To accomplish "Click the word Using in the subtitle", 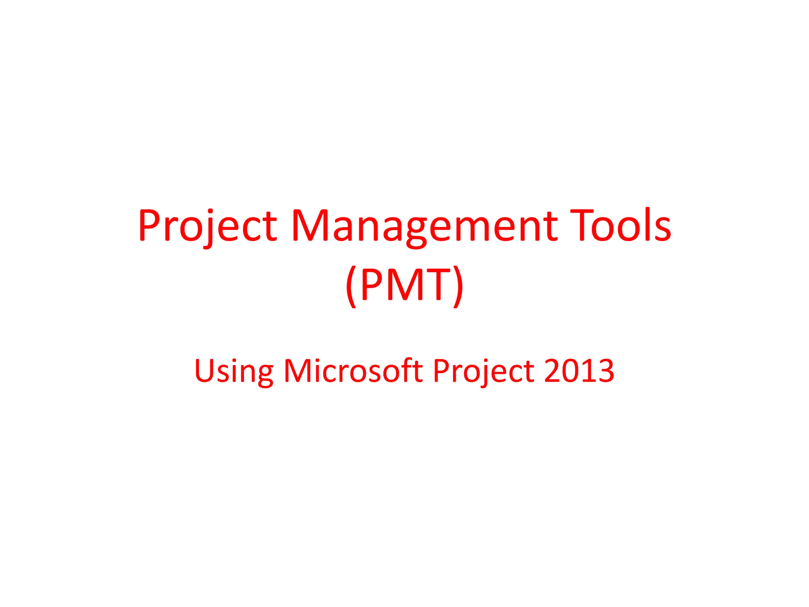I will click(x=233, y=371).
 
